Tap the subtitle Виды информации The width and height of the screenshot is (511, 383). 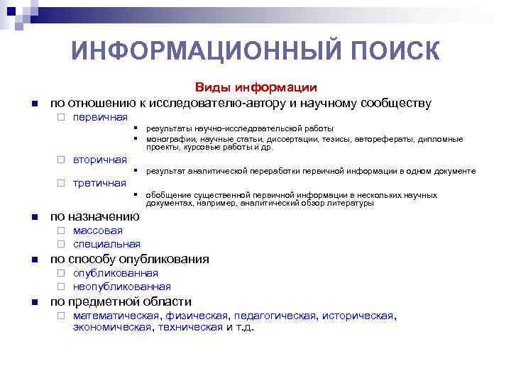point(256,88)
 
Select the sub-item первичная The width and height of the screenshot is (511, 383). point(100,117)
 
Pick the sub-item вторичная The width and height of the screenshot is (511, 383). point(100,160)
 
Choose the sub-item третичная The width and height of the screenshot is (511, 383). point(99,184)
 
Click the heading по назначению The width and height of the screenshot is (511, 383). point(94,216)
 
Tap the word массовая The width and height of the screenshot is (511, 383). point(98,231)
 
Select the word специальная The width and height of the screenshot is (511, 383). point(106,244)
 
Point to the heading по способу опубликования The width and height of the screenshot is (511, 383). point(129,259)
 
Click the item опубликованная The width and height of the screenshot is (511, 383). point(116,273)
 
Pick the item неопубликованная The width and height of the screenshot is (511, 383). point(122,287)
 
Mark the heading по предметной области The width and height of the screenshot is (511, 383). point(121,301)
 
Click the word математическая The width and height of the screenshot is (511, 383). point(117,316)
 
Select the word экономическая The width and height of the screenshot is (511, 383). point(112,327)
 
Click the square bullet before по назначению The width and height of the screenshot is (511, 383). point(34,217)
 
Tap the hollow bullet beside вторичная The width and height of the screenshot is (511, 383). point(61,160)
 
